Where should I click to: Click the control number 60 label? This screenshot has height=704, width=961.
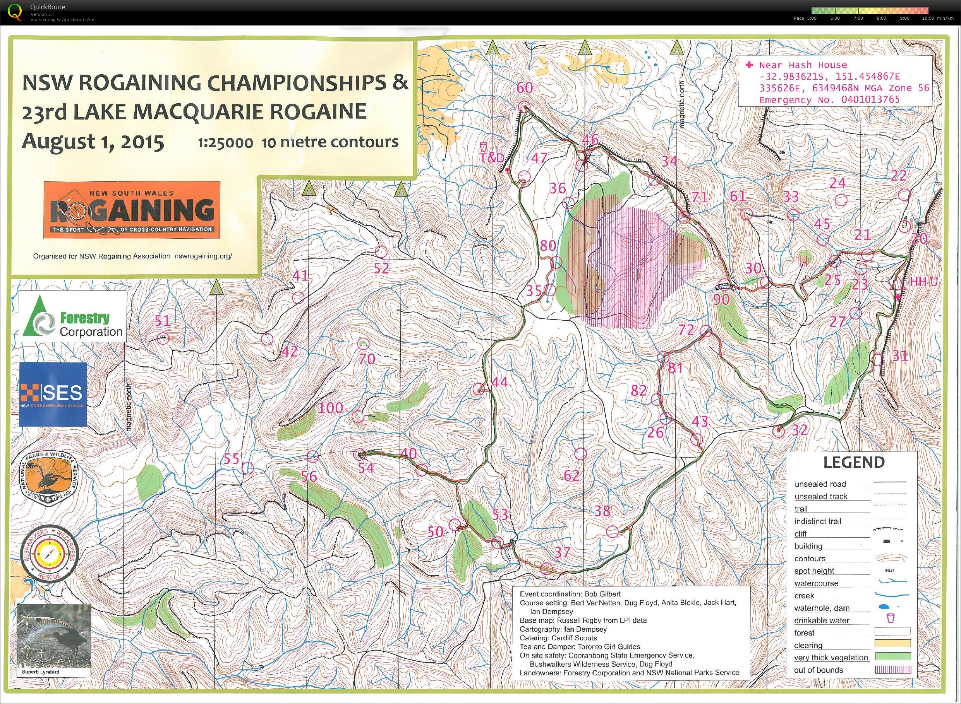point(525,88)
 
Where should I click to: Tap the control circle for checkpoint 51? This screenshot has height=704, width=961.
point(163,339)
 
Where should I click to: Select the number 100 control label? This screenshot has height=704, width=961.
point(331,408)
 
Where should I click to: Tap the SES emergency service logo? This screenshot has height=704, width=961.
point(53,394)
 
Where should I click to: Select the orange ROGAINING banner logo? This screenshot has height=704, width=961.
point(131,210)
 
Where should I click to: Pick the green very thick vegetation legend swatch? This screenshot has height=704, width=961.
point(892,657)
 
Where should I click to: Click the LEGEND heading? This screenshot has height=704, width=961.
point(853,462)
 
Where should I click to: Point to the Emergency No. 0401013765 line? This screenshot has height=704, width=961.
point(829,100)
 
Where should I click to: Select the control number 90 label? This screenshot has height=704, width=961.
point(721,299)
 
